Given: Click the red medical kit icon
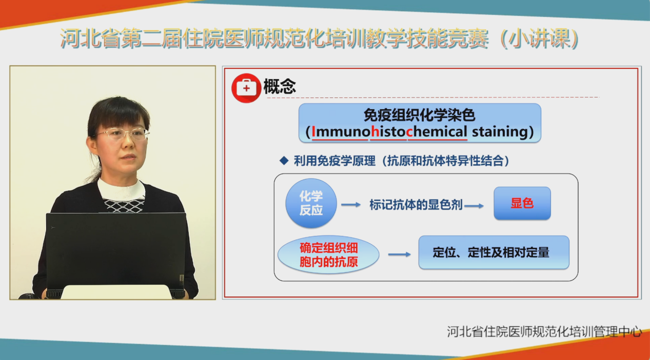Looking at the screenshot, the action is click(246, 88).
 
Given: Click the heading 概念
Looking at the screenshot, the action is click(280, 87).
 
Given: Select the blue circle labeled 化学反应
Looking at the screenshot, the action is click(311, 203).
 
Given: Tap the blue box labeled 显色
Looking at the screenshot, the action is click(522, 203).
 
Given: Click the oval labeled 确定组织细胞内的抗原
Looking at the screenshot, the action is click(328, 255).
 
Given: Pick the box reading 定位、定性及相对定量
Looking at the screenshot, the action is click(494, 252).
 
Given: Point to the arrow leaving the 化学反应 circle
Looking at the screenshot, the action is click(351, 205).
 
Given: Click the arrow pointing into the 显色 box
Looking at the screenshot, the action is click(474, 206).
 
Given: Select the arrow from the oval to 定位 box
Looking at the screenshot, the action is click(400, 254).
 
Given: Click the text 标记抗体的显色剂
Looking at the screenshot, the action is click(416, 205).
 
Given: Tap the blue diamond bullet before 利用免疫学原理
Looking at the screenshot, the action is click(284, 161).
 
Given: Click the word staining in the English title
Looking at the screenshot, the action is click(499, 132).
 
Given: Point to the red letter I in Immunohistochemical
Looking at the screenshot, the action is click(313, 132).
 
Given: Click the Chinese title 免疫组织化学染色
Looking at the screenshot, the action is click(419, 115).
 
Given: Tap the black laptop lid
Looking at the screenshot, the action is click(116, 249).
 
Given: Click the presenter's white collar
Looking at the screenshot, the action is click(121, 191).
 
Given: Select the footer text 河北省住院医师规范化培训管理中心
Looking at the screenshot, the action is click(544, 332).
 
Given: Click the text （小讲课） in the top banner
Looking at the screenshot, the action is click(540, 38).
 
